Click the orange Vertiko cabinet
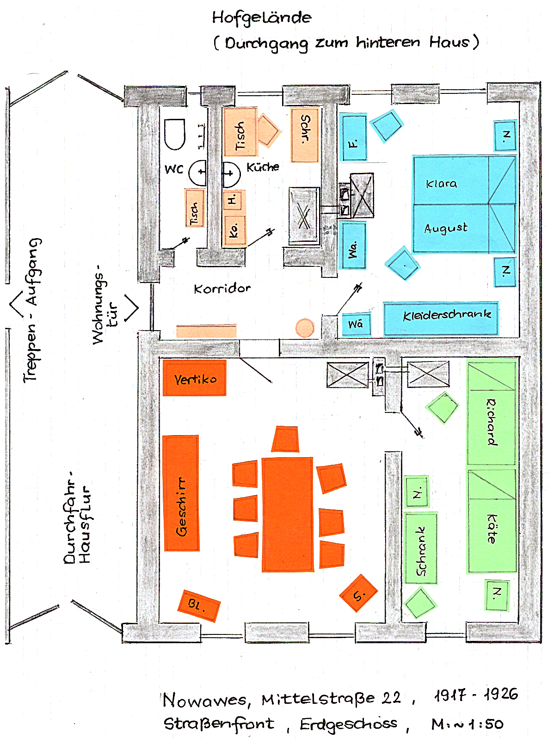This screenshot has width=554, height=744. (x=194, y=379)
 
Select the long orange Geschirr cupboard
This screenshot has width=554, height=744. (x=181, y=493)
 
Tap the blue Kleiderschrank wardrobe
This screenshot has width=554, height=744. (x=441, y=319)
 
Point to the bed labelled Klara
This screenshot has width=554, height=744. (x=450, y=180)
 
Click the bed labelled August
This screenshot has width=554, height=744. (x=450, y=228)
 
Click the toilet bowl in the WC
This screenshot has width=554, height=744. (x=175, y=134)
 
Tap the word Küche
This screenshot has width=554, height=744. (x=263, y=167)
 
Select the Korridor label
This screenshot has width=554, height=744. (x=222, y=289)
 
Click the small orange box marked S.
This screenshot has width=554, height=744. (x=358, y=593)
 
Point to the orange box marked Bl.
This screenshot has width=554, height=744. (x=198, y=605)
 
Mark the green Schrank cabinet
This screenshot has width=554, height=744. (x=420, y=548)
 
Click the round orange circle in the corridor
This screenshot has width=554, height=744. (x=305, y=328)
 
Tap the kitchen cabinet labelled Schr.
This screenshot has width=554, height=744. (x=305, y=135)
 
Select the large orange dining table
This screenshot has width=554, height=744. (x=287, y=514)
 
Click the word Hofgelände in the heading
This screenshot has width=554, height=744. (x=262, y=18)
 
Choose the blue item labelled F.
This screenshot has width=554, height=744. (x=354, y=138)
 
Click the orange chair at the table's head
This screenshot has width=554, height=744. (x=285, y=439)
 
